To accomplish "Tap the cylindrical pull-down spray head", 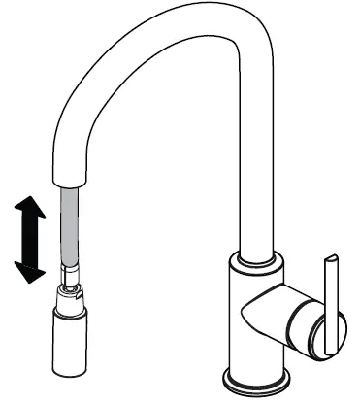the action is coord(72,340).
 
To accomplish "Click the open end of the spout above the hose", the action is coord(73,185).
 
